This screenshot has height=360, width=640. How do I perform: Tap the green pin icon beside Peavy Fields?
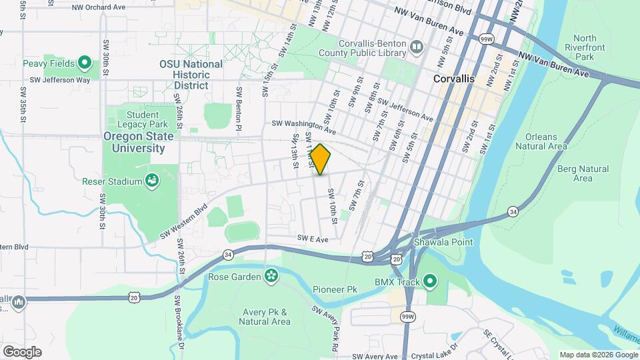pyautogui.click(x=84, y=63)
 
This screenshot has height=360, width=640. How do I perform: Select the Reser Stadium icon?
pyautogui.click(x=152, y=181)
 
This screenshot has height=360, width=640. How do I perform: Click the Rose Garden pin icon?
pyautogui.click(x=271, y=276)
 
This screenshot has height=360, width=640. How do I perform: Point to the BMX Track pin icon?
pyautogui.click(x=430, y=282)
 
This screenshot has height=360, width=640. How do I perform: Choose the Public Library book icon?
pyautogui.click(x=417, y=47)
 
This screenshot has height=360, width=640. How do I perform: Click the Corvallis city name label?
pyautogui.click(x=453, y=79)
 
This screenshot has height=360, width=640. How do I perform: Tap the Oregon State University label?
pyautogui.click(x=138, y=142)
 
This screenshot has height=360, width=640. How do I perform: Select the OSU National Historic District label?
pyautogui.click(x=191, y=75)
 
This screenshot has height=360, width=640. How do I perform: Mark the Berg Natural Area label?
pyautogui.click(x=583, y=173)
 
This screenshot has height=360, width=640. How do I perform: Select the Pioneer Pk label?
pyautogui.click(x=335, y=289)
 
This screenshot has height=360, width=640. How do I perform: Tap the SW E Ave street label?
pyautogui.click(x=313, y=239)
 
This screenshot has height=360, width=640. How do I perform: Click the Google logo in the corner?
pyautogui.click(x=22, y=351)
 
